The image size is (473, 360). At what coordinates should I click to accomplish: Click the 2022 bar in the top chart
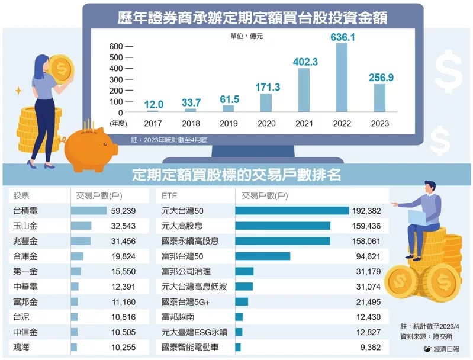tap(342, 78)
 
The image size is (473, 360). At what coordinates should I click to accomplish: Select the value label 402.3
tap(304, 61)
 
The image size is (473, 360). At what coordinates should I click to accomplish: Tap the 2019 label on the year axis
tap(228, 123)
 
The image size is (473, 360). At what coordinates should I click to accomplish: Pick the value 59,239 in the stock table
tap(124, 210)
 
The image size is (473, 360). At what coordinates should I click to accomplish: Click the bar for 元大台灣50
tap(292, 210)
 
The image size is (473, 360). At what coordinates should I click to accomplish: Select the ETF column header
tap(169, 195)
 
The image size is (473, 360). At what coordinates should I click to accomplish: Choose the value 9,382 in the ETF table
tap(370, 348)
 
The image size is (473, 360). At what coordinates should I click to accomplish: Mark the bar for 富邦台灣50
tap(262, 256)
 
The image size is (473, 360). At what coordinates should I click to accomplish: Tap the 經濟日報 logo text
tap(446, 349)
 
